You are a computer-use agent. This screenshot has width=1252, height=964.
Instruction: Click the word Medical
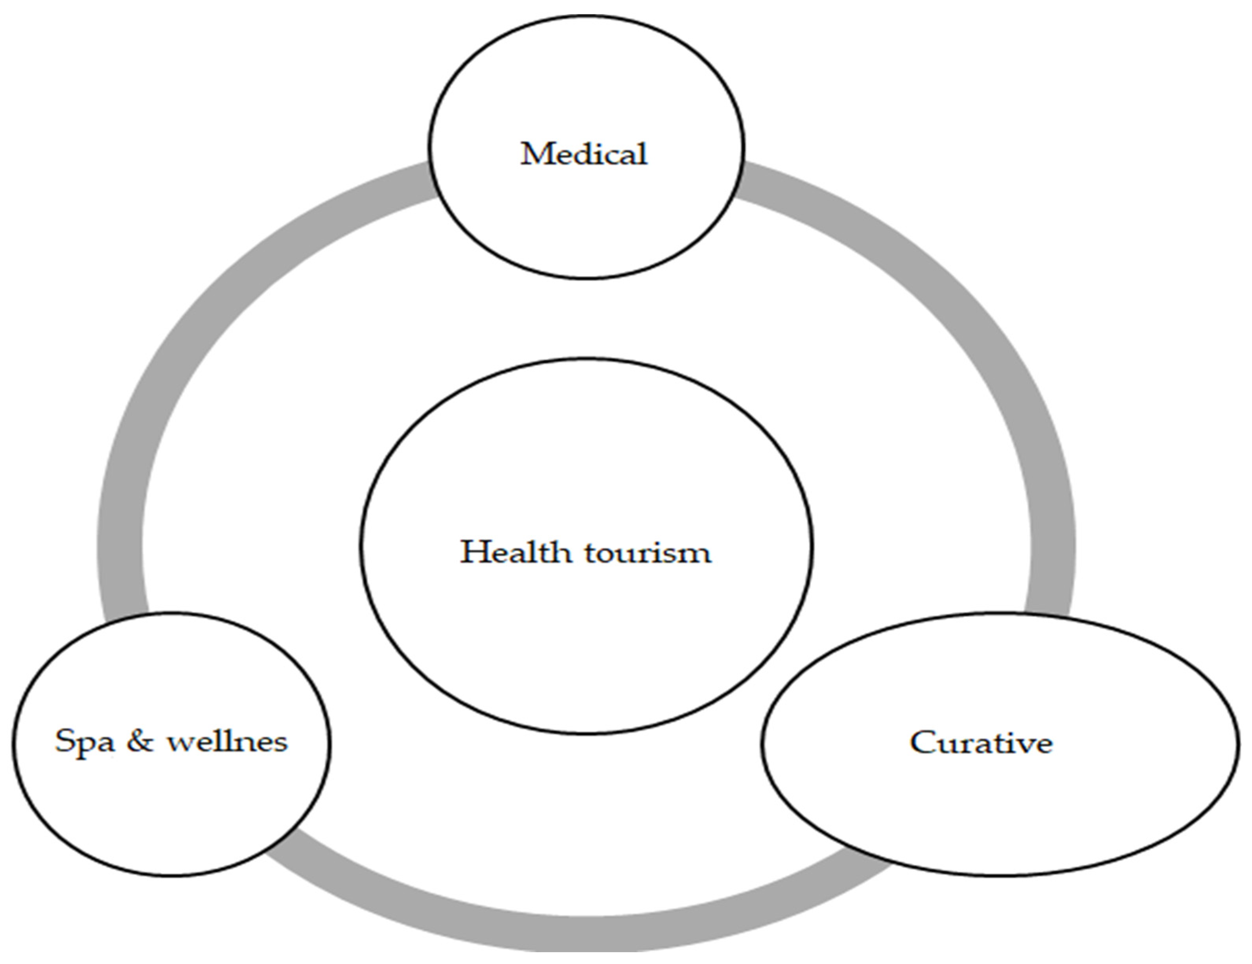584,154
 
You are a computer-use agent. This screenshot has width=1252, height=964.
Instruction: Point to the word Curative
981,743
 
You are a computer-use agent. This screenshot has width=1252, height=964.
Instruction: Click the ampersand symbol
140,740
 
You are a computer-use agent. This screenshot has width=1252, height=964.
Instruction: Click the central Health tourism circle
586,631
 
